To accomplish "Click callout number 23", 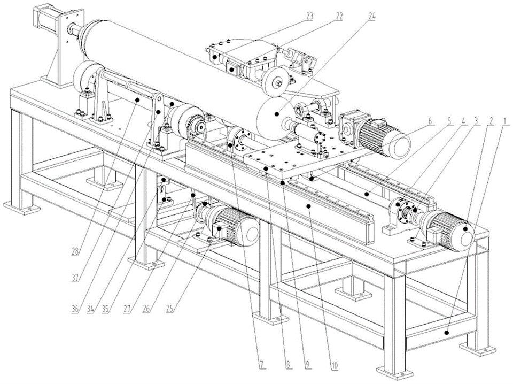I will [x=310, y=17].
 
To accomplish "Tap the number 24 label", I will [x=371, y=17].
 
